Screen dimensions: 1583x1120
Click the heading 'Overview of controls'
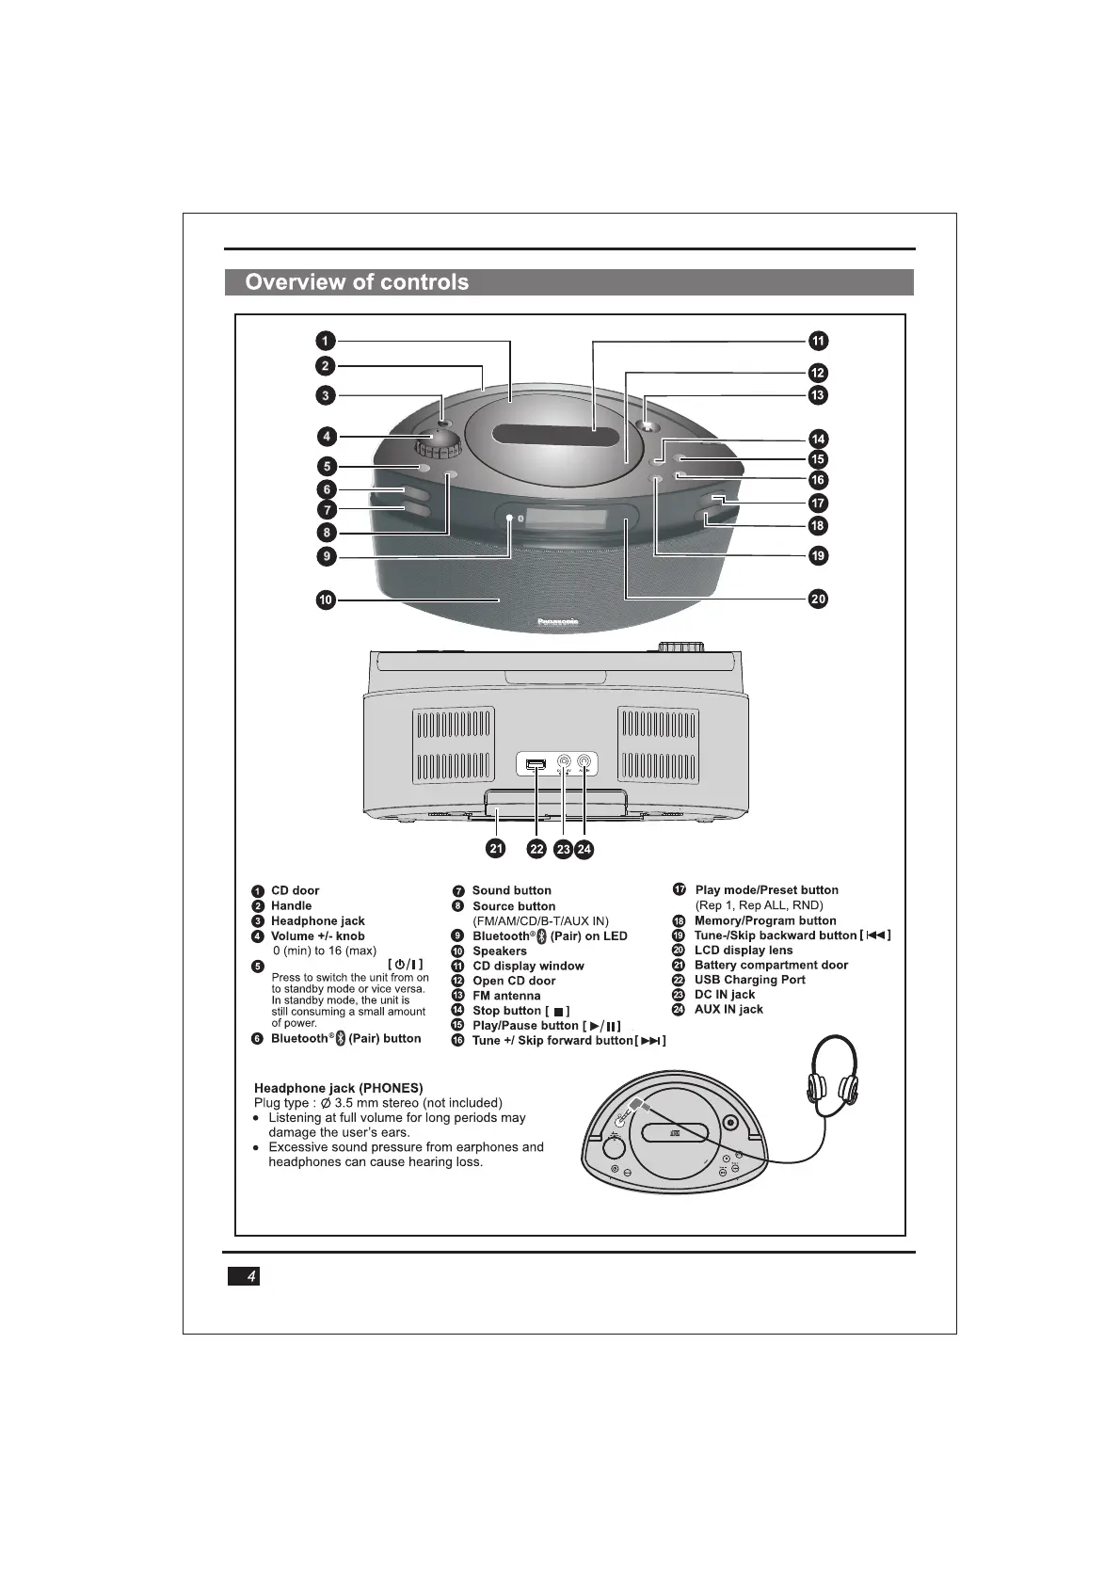tap(357, 282)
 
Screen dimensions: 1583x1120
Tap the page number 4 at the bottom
tap(250, 1276)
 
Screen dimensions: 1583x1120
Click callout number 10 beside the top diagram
tap(326, 600)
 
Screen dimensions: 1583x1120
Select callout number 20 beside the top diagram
tap(818, 599)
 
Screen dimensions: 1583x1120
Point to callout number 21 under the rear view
tap(495, 848)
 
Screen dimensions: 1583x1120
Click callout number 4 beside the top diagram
tap(326, 437)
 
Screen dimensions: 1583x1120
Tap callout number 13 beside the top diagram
tap(817, 395)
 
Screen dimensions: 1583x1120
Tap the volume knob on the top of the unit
tap(435, 442)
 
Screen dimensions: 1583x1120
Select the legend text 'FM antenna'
tap(506, 996)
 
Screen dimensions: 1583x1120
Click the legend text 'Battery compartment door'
tap(771, 965)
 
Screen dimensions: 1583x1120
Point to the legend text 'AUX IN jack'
tap(728, 1009)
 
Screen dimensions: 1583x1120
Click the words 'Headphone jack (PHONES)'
tap(338, 1088)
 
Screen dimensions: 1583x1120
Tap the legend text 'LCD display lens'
tap(744, 950)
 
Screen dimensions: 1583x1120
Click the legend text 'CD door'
tap(295, 890)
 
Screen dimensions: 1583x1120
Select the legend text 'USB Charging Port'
tap(749, 980)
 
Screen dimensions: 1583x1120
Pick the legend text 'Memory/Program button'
tap(765, 920)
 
